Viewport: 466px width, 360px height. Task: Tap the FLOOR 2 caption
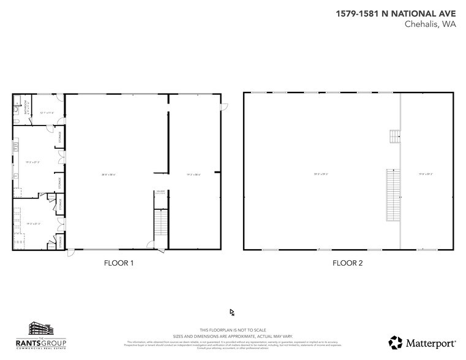pyautogui.click(x=348, y=263)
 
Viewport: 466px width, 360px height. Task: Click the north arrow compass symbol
pyautogui.click(x=232, y=313)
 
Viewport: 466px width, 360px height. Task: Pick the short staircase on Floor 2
pyautogui.click(x=395, y=136)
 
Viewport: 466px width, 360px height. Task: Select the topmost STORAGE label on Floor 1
pyautogui.click(x=59, y=136)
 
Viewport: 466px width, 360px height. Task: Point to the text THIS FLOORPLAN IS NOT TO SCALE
pyautogui.click(x=232, y=329)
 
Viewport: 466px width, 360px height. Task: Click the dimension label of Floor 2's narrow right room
pyautogui.click(x=426, y=174)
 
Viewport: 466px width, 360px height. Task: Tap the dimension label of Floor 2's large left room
pyautogui.click(x=321, y=174)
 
